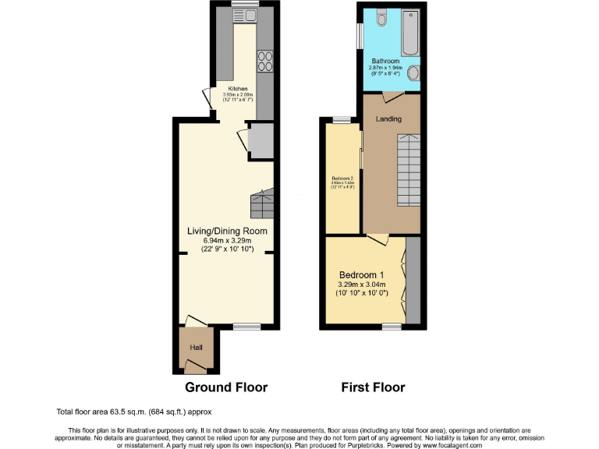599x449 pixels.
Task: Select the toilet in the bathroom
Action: point(380,17)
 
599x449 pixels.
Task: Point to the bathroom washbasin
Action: point(413,73)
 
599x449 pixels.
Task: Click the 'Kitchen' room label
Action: point(237,89)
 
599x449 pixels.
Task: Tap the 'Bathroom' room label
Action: point(385,61)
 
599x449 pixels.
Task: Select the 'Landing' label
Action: point(388,119)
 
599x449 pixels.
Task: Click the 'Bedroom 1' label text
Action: point(361,275)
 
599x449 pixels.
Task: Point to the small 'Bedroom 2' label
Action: point(342,177)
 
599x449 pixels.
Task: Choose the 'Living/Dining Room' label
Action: point(227,232)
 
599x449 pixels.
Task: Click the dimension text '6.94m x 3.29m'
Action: point(227,241)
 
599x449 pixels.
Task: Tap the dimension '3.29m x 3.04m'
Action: point(361,286)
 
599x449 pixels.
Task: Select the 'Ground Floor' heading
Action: point(226,387)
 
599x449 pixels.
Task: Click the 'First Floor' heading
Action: point(373,387)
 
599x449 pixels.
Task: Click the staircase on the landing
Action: point(408,170)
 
